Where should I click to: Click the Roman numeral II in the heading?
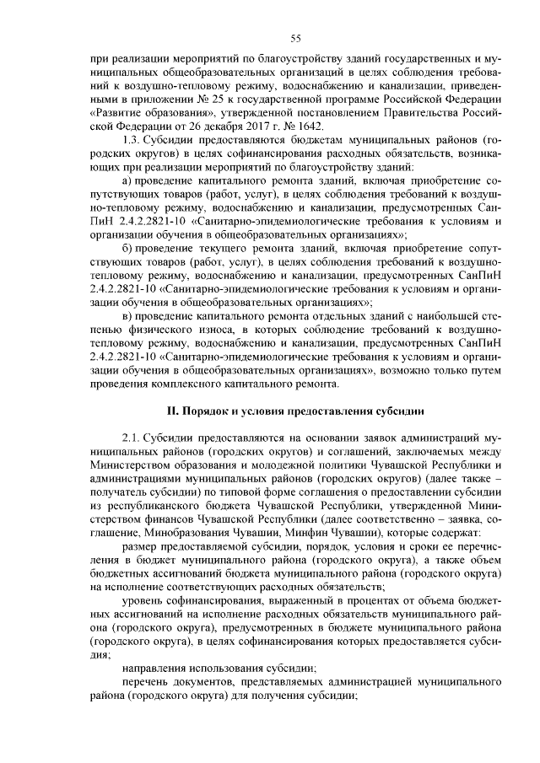coord(167,411)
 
